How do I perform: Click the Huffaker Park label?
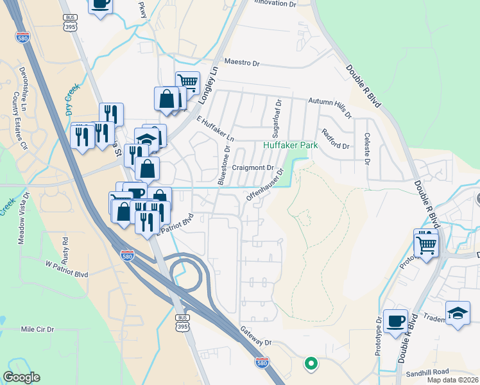tap(291, 146)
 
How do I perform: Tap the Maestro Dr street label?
tap(241, 64)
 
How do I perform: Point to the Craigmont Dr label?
tap(253, 167)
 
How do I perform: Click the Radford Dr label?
tap(335, 139)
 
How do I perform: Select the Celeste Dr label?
tap(367, 149)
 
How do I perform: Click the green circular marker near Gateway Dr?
tap(311, 364)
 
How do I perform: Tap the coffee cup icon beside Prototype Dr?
tap(396, 320)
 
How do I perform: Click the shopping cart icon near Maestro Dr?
tap(187, 81)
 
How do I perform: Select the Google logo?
tap(22, 377)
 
